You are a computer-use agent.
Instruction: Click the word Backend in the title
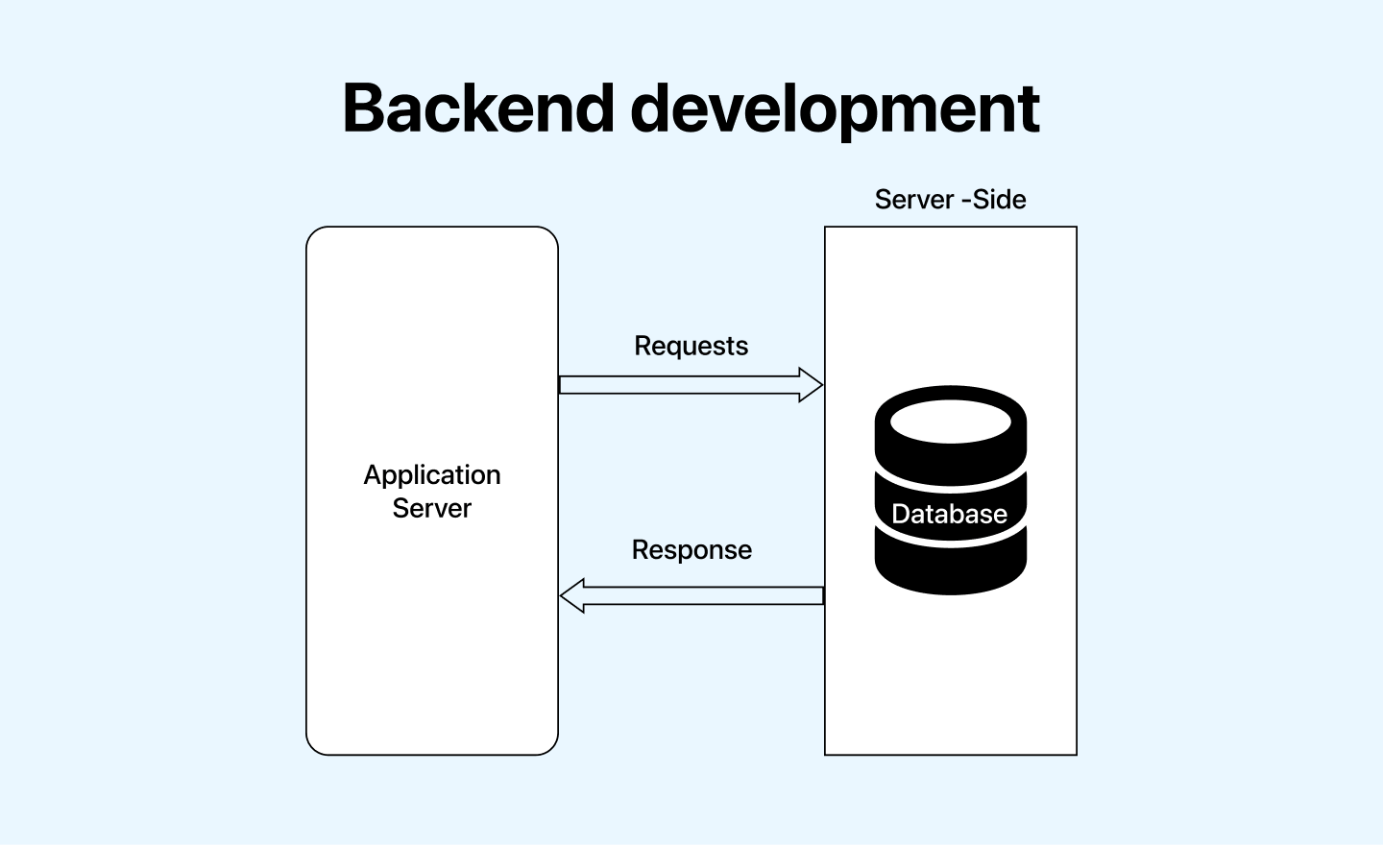pyautogui.click(x=477, y=108)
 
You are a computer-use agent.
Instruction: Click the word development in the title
pyautogui.click(x=835, y=109)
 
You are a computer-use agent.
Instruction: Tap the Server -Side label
pyautogui.click(x=950, y=200)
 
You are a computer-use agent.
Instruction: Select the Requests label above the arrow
pyautogui.click(x=691, y=346)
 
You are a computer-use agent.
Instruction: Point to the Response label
pyautogui.click(x=691, y=550)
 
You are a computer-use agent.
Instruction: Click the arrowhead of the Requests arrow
pyautogui.click(x=812, y=385)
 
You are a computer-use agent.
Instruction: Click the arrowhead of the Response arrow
pyautogui.click(x=572, y=595)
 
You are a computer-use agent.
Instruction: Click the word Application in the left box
pyautogui.click(x=432, y=475)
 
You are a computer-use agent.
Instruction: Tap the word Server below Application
pyautogui.click(x=432, y=508)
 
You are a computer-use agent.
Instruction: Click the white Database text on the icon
pyautogui.click(x=949, y=514)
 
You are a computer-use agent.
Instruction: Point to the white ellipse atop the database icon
pyautogui.click(x=951, y=422)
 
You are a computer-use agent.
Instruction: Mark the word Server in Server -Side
pyautogui.click(x=913, y=200)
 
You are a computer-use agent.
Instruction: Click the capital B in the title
pyautogui.click(x=364, y=108)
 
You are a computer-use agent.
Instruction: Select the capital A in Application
pyautogui.click(x=373, y=474)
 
